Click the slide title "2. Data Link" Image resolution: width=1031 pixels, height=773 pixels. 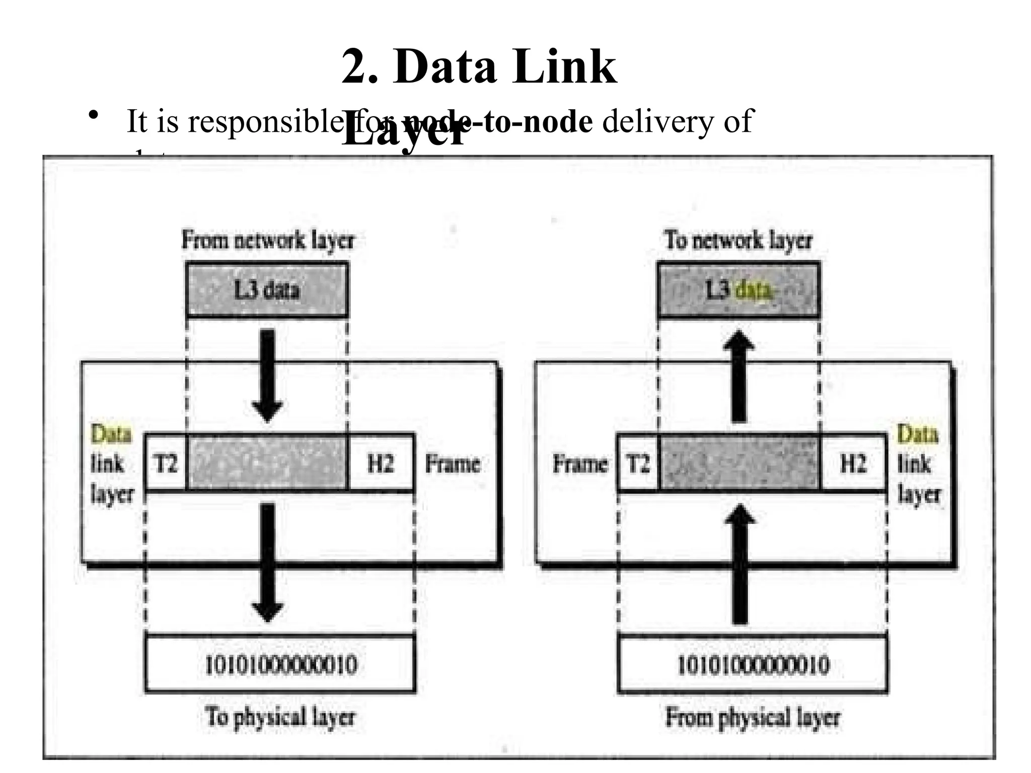coord(479,66)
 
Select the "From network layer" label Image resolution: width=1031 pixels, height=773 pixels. coord(267,240)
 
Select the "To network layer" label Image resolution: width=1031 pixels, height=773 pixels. coord(738,240)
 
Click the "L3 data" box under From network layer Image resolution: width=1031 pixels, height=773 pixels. coord(267,290)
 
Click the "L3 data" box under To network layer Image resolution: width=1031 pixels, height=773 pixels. coord(739,290)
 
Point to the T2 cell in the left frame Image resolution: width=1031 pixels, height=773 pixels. coord(166,462)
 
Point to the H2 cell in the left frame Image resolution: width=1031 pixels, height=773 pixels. coord(381,462)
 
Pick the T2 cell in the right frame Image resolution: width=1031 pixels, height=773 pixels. coord(638,462)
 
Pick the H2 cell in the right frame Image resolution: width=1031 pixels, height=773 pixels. coord(853,462)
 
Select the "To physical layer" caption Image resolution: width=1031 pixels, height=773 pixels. coord(280,716)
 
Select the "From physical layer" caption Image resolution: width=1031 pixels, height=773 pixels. coord(753,716)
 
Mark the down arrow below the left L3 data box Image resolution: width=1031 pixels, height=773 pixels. coord(267,375)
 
